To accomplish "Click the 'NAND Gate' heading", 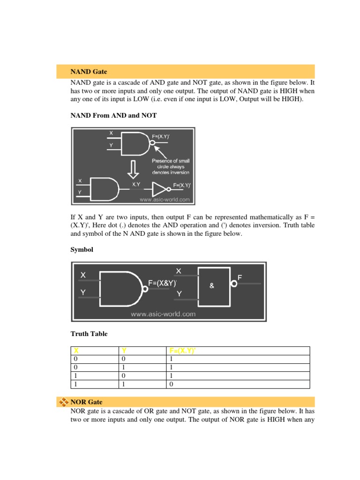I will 89,72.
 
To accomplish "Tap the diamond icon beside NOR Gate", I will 63,402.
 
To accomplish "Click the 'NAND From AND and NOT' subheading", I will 113,115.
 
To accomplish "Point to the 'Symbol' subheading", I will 82,250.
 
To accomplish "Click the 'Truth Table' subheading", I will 89,334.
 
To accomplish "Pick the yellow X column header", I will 76,351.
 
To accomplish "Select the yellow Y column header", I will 124,351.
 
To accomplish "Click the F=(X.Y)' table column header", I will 183,351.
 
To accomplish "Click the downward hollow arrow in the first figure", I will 133,169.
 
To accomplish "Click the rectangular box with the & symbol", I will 214,284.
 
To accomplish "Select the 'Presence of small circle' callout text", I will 171,166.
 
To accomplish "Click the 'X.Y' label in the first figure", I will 136,185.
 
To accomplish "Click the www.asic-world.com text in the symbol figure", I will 163,314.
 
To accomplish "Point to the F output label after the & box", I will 240,277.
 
